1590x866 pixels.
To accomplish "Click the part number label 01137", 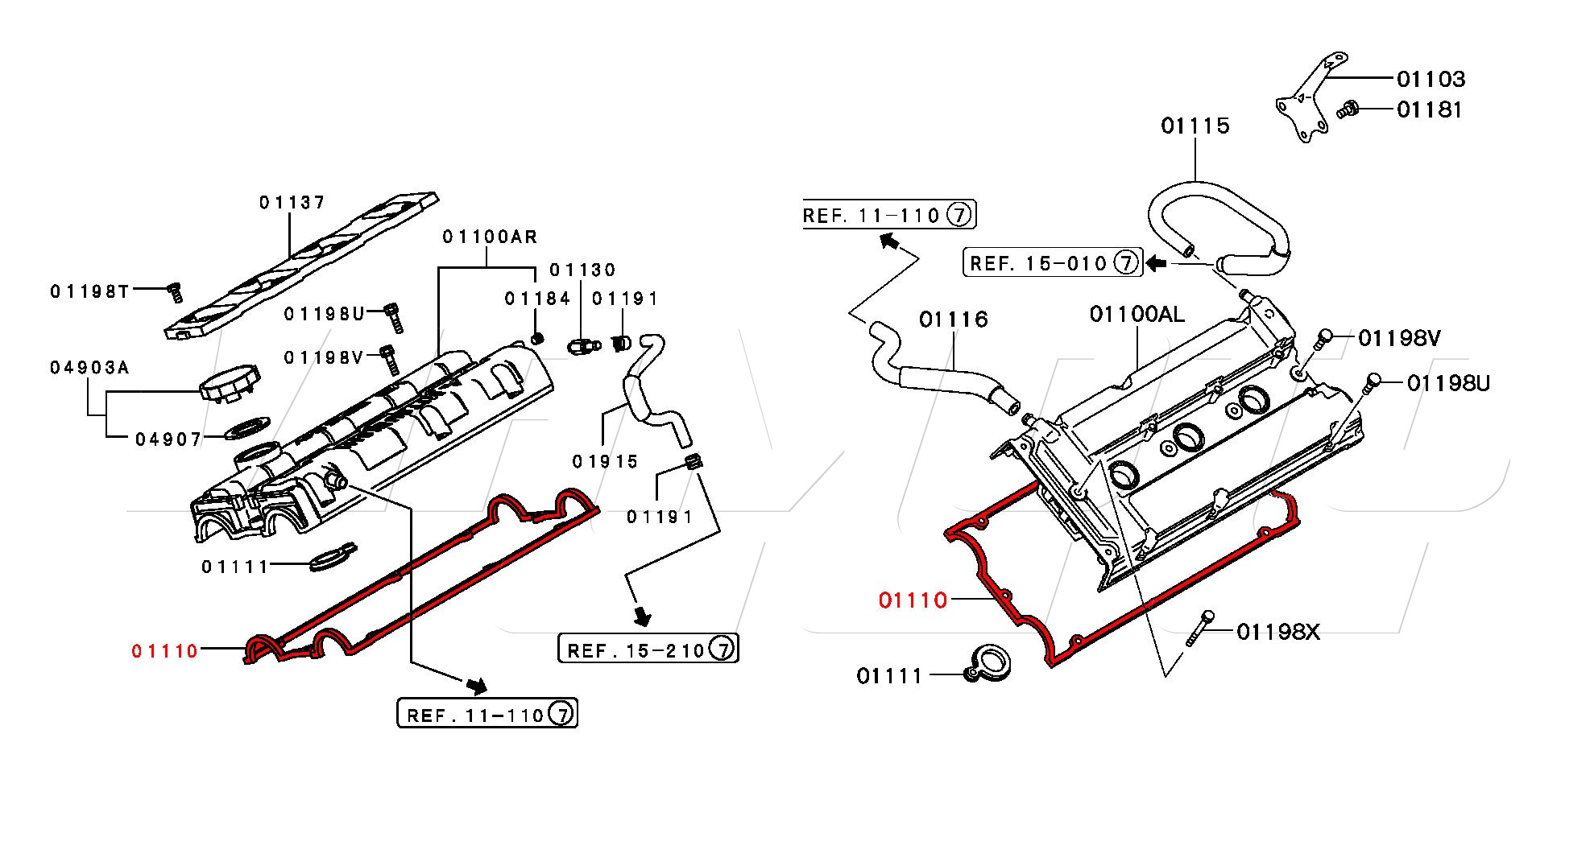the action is [x=292, y=202].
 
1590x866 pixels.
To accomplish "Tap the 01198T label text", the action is [x=89, y=291].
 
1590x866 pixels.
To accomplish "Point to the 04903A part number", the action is [x=89, y=368].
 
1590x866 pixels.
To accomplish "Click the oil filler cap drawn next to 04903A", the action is [x=230, y=383].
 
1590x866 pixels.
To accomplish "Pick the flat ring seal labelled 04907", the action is [x=246, y=429].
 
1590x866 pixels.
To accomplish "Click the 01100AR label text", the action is [x=490, y=237].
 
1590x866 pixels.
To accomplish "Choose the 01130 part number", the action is [x=582, y=270].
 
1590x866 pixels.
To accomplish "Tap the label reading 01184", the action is [x=537, y=299].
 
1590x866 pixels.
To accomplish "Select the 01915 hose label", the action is [x=605, y=461].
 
